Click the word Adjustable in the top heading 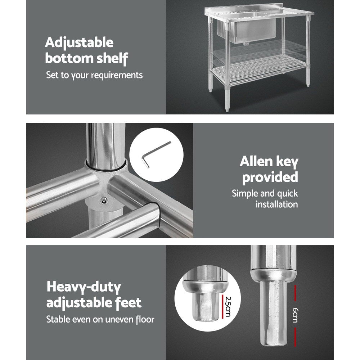pyautogui.click(x=79, y=43)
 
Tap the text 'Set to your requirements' pyautogui.click(x=94, y=75)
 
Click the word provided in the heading pyautogui.click(x=270, y=177)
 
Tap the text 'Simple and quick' pyautogui.click(x=265, y=193)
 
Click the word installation pyautogui.click(x=276, y=204)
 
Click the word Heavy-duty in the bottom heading pyautogui.click(x=84, y=287)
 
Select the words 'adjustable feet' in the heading pyautogui.click(x=94, y=302)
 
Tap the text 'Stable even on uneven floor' pyautogui.click(x=100, y=319)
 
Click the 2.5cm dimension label pyautogui.click(x=227, y=306)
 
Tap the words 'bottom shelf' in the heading pyautogui.click(x=86, y=58)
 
